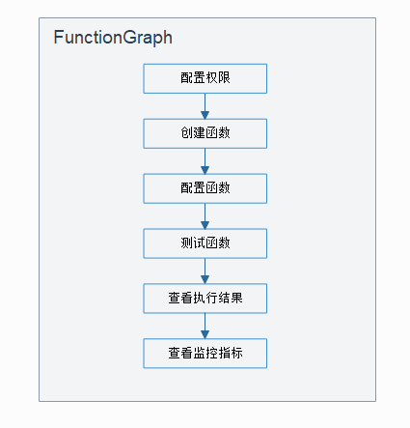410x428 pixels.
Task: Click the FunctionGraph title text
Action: [113, 39]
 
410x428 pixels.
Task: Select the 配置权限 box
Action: [205, 78]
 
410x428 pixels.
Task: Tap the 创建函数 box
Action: [205, 133]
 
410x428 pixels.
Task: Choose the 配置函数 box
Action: [205, 188]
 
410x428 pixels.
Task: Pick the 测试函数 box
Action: [205, 243]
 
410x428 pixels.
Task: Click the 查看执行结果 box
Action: [205, 299]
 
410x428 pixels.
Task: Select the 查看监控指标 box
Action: [205, 354]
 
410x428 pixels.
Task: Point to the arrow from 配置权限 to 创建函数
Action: [205, 106]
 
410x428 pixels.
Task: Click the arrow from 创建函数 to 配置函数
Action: [205, 161]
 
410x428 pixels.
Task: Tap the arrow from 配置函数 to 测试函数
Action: [205, 216]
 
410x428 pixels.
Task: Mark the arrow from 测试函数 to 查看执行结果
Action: [205, 271]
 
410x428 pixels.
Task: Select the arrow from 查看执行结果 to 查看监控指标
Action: [205, 327]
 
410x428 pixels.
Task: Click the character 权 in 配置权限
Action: [210, 78]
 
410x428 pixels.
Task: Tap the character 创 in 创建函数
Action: [186, 133]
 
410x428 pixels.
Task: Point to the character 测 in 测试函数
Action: [186, 243]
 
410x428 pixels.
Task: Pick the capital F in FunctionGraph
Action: [59, 39]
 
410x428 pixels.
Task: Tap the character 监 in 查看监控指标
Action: [198, 354]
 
